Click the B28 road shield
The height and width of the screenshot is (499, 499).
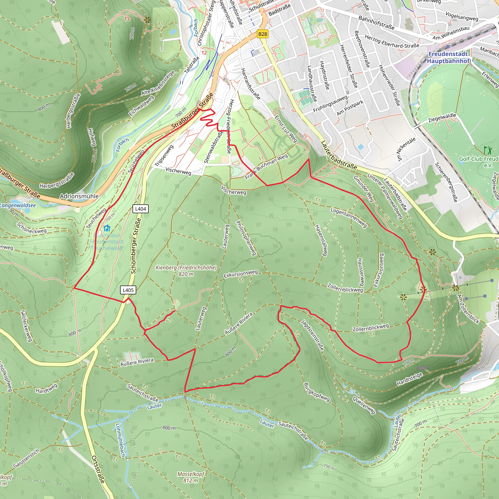[262, 34]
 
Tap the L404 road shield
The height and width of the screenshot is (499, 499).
[141, 209]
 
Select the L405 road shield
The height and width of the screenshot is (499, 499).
[128, 290]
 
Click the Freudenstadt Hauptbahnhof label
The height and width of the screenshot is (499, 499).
[448, 57]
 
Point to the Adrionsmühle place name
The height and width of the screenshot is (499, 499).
[79, 196]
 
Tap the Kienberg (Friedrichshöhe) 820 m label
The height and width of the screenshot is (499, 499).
[186, 270]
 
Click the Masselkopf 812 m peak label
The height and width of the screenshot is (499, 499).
[191, 477]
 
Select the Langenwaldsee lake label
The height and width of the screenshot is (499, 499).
[18, 205]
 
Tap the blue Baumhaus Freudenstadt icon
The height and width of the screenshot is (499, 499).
[107, 228]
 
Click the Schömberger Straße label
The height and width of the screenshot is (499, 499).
[136, 246]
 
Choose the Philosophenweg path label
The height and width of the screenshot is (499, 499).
[246, 238]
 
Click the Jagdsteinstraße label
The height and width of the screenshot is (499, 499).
[312, 335]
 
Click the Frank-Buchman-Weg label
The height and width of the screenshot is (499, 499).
[266, 167]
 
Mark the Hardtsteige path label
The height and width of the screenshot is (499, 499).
[409, 379]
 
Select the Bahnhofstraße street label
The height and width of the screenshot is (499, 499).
[376, 22]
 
